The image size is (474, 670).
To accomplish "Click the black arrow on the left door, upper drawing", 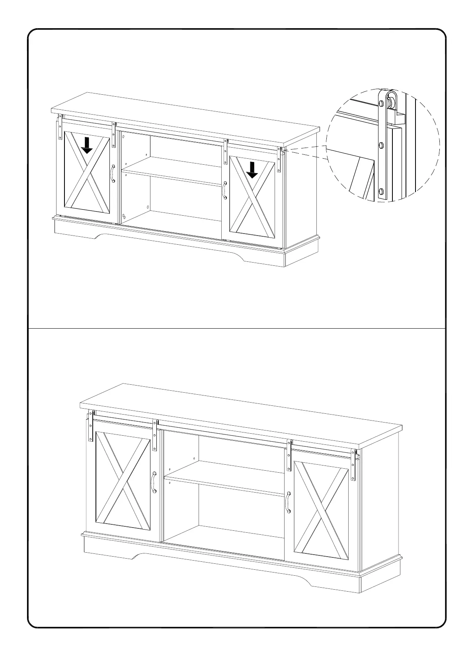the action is (87, 146).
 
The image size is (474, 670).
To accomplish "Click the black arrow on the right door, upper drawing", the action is (252, 169).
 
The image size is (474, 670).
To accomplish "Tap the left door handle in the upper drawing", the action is (113, 174).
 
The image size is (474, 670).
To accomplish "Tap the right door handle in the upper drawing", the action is (225, 190).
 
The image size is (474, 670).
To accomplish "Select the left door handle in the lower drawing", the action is (154, 483).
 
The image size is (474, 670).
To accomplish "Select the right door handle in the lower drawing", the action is (287, 502).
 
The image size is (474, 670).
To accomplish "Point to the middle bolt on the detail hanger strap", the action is (381, 146).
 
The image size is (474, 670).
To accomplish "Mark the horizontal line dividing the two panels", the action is (237, 329).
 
